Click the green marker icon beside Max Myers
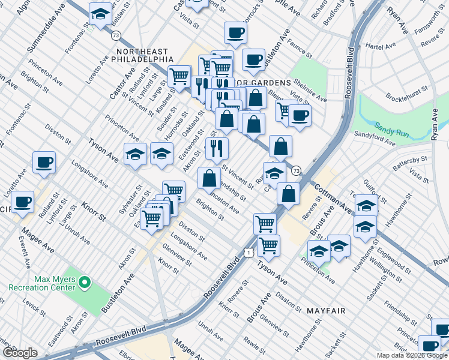click(x=85, y=281)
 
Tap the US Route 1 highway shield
click(x=248, y=253)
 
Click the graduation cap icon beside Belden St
click(x=100, y=13)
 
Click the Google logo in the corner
click(x=19, y=353)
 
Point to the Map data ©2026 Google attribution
click(x=412, y=355)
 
